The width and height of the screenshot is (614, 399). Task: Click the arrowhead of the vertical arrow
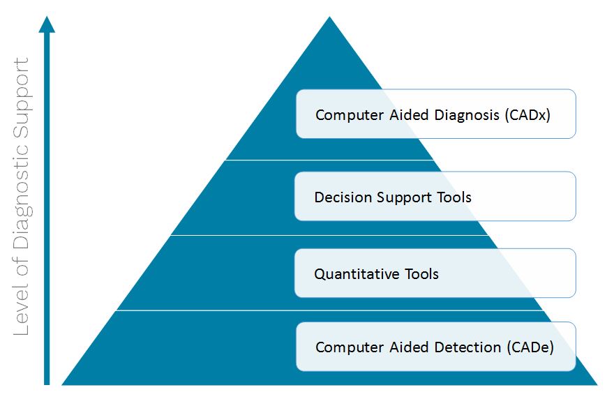coord(47,24)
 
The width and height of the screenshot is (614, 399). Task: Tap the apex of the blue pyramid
coord(330,17)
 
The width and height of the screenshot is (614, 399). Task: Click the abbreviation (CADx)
coord(527,115)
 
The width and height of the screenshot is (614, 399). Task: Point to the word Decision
coord(343,197)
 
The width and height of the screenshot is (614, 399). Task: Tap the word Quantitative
coord(357,274)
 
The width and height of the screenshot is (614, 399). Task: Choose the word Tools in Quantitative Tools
coord(421,274)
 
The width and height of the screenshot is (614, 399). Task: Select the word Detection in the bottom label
coord(467,347)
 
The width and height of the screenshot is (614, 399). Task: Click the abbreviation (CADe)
coord(530,347)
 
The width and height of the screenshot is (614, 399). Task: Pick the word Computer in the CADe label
coord(350,347)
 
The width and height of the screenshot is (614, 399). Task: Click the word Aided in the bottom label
coord(409,347)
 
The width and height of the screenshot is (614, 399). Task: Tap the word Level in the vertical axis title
coord(22,312)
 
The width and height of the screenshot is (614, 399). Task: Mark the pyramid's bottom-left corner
coord(62,385)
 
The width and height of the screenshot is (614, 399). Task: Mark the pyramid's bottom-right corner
coord(597,385)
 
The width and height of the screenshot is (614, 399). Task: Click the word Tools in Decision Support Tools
coord(454,197)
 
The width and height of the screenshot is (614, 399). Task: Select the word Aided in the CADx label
coord(409,115)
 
